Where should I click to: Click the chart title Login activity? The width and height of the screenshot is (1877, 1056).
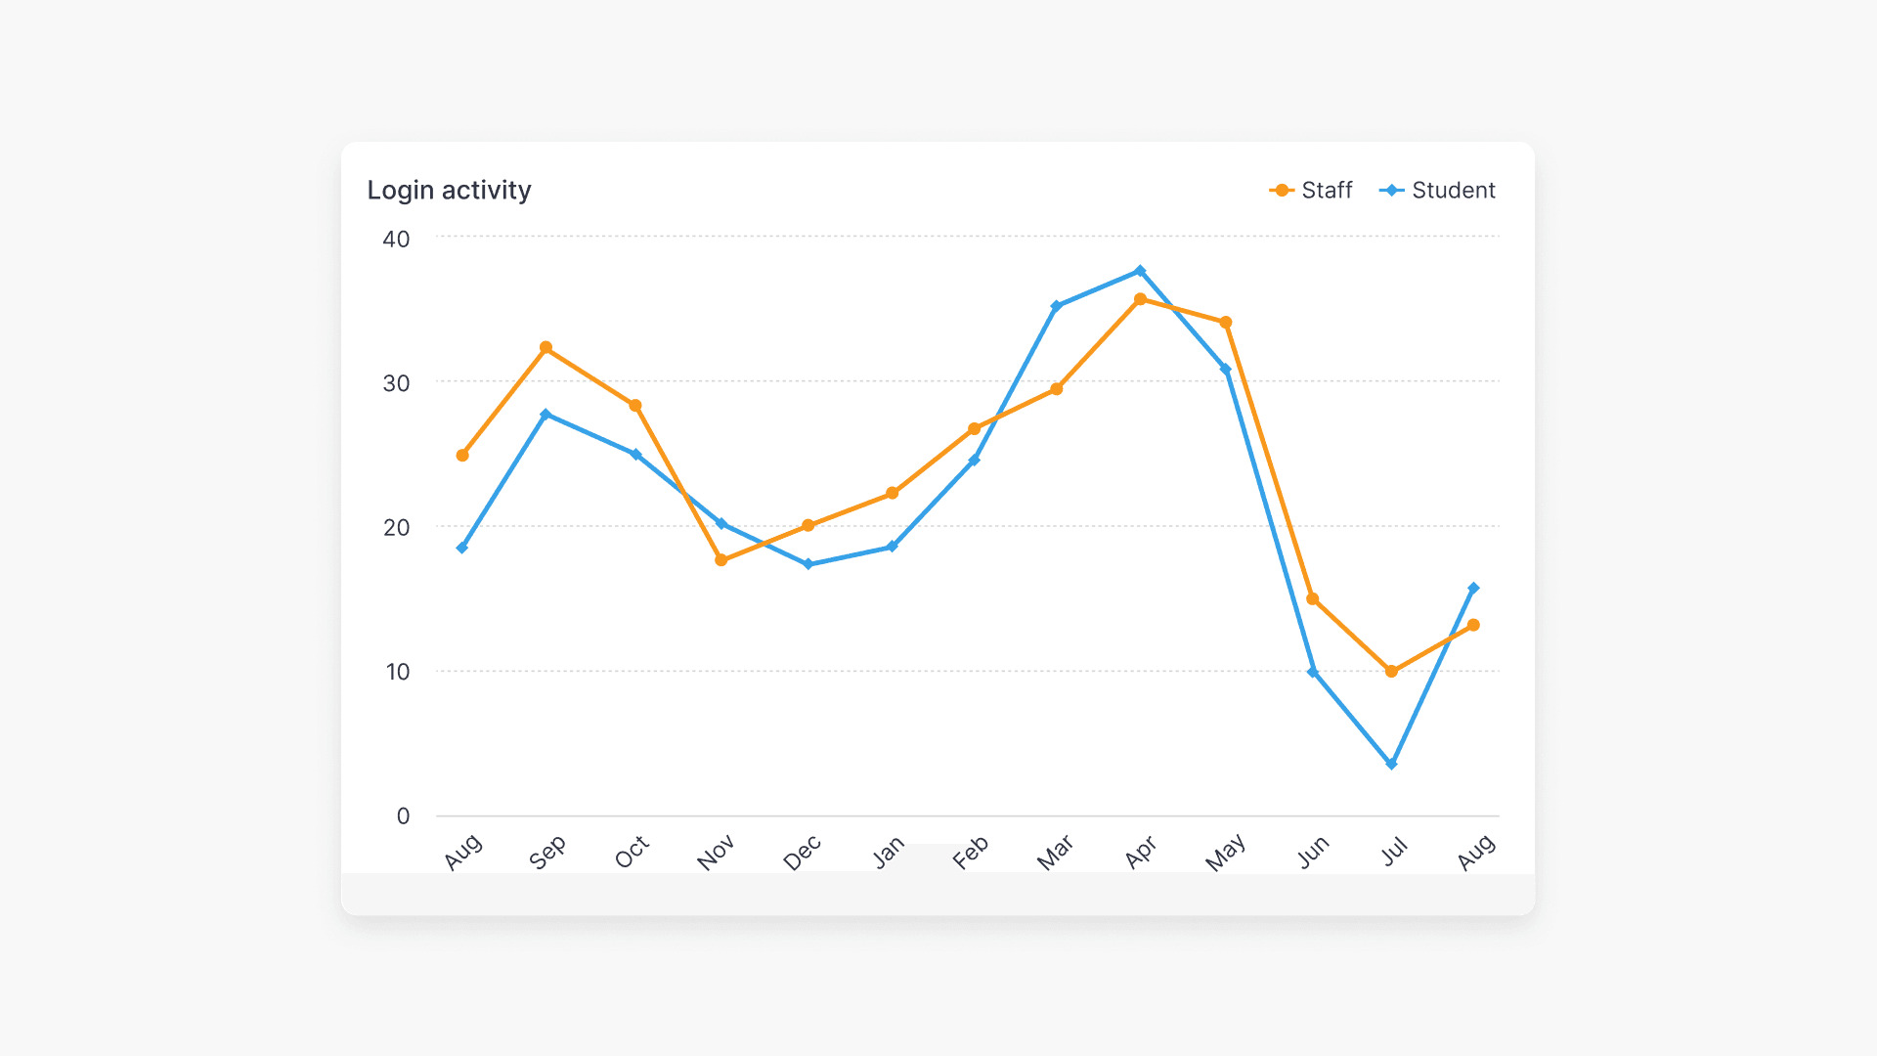pos(449,190)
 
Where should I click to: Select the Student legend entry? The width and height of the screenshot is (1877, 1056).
pos(1437,190)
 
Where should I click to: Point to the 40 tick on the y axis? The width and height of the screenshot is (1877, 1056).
pos(396,239)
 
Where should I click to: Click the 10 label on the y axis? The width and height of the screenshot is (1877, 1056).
pos(397,672)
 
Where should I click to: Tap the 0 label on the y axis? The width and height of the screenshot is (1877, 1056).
pos(403,816)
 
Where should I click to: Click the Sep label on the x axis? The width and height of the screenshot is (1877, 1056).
pos(547,852)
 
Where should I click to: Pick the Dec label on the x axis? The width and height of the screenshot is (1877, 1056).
pos(803,853)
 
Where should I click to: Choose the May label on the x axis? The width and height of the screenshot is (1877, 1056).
pos(1226,853)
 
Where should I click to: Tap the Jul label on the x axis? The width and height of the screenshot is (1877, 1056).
pos(1395,852)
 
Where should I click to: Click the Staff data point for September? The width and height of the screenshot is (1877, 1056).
pos(546,347)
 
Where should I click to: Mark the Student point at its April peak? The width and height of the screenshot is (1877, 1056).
pos(1140,271)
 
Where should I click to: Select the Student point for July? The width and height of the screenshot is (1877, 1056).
pos(1391,764)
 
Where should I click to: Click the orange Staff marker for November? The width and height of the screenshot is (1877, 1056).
pos(721,560)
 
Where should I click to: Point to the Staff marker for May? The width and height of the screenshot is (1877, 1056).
pos(1226,322)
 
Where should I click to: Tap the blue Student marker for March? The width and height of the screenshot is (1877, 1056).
pos(1056,306)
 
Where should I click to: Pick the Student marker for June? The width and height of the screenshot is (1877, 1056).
pos(1313,672)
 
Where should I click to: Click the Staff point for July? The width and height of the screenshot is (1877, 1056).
pos(1391,672)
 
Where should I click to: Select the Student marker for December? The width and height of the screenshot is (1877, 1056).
pos(808,564)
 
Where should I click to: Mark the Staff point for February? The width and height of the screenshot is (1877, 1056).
pos(974,428)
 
